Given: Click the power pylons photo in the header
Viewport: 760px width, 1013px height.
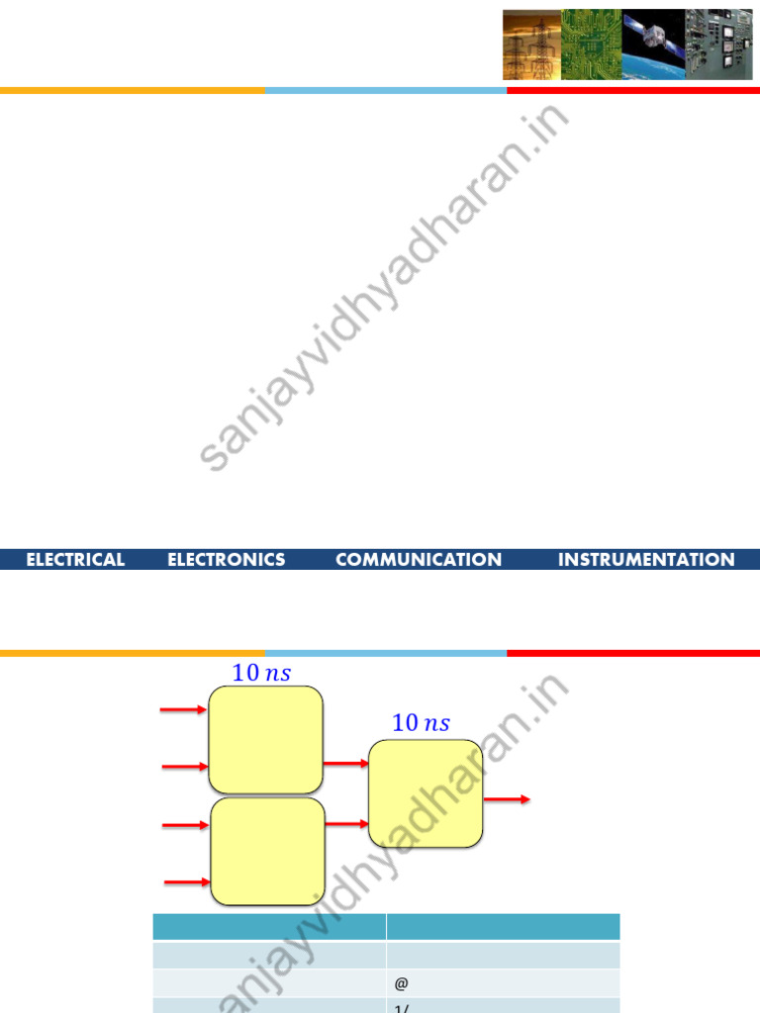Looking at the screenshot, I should [531, 46].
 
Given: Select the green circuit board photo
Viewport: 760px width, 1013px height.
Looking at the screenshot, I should [591, 46].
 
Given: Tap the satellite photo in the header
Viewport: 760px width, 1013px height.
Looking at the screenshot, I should [654, 46].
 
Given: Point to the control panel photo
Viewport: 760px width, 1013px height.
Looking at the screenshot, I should [719, 46].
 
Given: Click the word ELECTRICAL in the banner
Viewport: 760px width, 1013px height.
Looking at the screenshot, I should [75, 560].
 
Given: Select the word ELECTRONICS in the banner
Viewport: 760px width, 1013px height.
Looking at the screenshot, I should [227, 560].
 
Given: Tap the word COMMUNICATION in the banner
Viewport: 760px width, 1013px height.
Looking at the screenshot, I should [419, 560].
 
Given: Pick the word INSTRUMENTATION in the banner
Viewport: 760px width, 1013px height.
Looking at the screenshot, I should [646, 560].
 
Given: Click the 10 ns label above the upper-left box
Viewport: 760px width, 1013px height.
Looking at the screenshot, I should [261, 673].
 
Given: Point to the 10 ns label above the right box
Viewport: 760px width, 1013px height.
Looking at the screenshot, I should [421, 723].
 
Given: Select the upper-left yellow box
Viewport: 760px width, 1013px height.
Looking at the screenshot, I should [265, 738].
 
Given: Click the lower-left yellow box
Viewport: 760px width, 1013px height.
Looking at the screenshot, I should [268, 852].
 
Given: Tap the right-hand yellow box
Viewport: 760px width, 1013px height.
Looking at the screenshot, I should [427, 793].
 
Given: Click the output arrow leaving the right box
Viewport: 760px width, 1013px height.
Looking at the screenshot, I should [507, 799].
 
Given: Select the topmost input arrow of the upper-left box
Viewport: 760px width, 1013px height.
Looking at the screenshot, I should [184, 709].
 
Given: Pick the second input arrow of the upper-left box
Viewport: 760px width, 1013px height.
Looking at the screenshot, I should [184, 767].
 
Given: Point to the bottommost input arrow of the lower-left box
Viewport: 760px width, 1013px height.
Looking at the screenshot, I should [187, 880].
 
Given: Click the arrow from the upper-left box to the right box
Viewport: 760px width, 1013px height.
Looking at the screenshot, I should [345, 764].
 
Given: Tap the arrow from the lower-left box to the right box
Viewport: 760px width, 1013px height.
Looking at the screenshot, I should [347, 824].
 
